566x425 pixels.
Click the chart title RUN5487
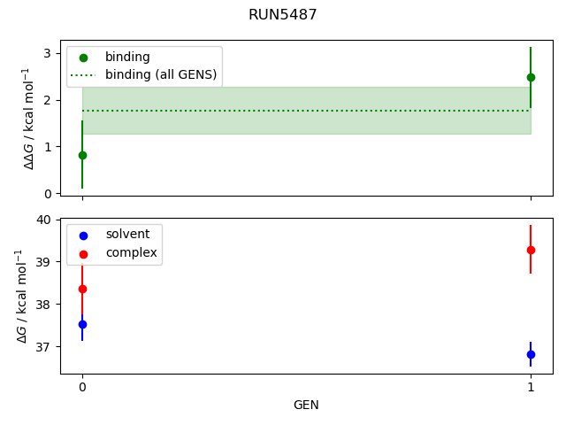pyautogui.click(x=283, y=15)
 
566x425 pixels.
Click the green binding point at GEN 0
pyautogui.click(x=82, y=155)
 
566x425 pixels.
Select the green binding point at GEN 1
pyautogui.click(x=531, y=77)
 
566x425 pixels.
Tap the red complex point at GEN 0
pyautogui.click(x=82, y=289)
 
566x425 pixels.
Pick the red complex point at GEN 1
pyautogui.click(x=531, y=250)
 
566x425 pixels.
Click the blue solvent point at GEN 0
pyautogui.click(x=82, y=324)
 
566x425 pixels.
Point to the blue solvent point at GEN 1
pyautogui.click(x=531, y=354)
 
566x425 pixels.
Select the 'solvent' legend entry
pyautogui.click(x=127, y=235)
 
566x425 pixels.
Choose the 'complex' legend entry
pyautogui.click(x=131, y=253)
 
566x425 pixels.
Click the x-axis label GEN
pyautogui.click(x=306, y=406)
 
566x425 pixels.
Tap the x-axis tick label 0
pyautogui.click(x=82, y=387)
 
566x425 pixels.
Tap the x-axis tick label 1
pyautogui.click(x=531, y=387)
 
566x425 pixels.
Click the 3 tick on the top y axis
pyautogui.click(x=48, y=53)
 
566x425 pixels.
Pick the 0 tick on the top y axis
pyautogui.click(x=48, y=194)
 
